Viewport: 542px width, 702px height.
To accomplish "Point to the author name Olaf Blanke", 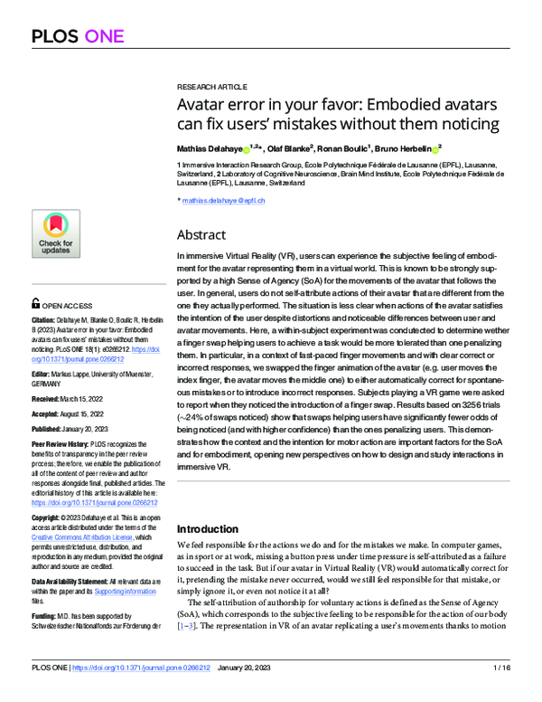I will [x=285, y=147].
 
